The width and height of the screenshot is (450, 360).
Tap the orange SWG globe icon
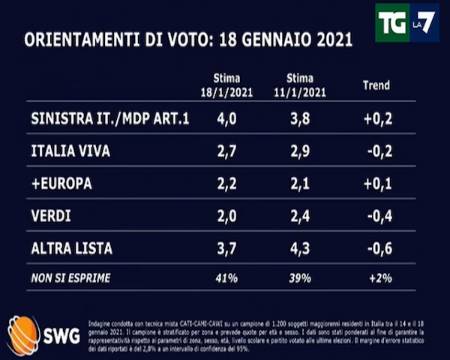click(23, 332)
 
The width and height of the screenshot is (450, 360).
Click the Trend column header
click(376, 85)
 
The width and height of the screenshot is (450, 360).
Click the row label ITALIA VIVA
click(71, 151)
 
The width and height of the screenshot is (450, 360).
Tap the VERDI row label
click(51, 216)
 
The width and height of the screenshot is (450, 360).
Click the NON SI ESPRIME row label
click(71, 278)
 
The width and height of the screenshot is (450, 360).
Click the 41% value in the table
click(226, 278)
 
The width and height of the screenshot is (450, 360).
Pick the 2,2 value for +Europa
click(226, 183)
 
